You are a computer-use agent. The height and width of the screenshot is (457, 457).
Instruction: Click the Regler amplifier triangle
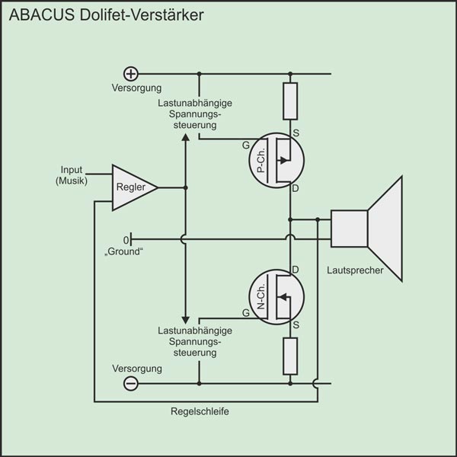click(x=131, y=187)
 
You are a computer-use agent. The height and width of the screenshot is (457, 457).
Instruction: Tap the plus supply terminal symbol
click(x=131, y=73)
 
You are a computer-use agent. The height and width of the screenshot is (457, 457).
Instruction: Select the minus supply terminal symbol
click(x=131, y=383)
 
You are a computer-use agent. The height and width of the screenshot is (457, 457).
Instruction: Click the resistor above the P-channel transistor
click(x=290, y=101)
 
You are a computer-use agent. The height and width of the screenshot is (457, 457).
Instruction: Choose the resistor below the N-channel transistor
click(x=290, y=355)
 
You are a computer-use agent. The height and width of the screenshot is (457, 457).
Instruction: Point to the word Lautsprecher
click(x=354, y=270)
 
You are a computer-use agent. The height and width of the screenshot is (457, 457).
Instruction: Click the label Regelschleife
click(x=200, y=411)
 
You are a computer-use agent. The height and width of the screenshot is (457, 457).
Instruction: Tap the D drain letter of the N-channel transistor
click(x=296, y=270)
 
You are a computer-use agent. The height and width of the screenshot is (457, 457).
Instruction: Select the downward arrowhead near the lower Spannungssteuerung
click(x=185, y=318)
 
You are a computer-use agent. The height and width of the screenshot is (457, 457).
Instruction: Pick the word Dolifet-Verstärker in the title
click(x=141, y=16)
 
